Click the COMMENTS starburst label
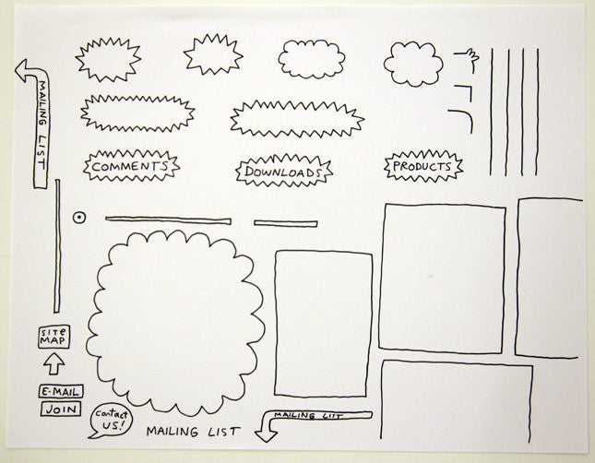point(131,166)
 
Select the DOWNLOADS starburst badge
point(284,171)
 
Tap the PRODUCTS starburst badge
point(423,166)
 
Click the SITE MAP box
point(54,337)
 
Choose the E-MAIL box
point(61,392)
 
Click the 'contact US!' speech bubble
point(111,420)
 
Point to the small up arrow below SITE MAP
point(54,363)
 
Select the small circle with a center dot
point(79,218)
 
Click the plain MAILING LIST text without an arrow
point(193,432)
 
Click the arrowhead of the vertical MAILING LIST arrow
point(24,70)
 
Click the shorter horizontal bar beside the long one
point(285,223)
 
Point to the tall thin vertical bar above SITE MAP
point(57,246)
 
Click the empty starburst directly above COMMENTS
point(137,113)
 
